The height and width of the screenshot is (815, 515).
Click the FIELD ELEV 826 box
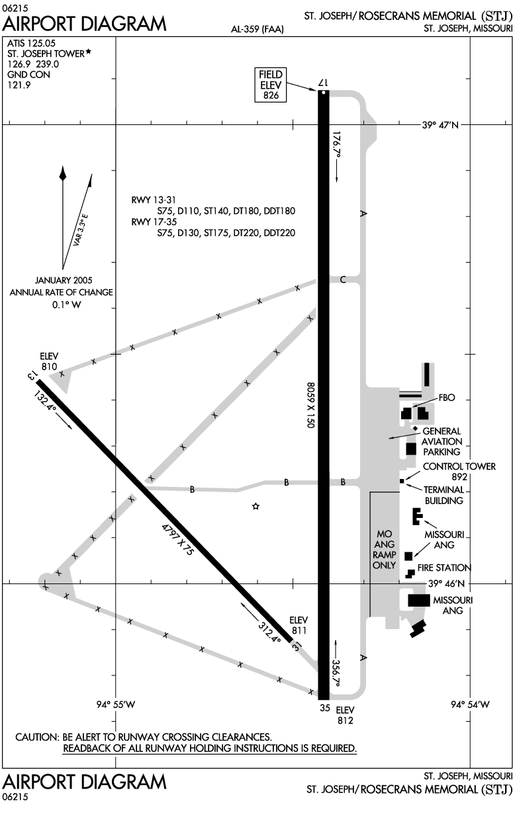[271, 85]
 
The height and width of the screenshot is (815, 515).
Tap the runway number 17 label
[323, 83]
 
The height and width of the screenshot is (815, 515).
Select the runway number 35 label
[325, 708]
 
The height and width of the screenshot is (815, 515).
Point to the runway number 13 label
[32, 375]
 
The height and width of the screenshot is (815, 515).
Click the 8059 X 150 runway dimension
[310, 405]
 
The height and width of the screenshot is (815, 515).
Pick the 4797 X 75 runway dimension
[177, 540]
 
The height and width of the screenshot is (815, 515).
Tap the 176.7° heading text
[337, 145]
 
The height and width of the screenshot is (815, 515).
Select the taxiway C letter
[342, 280]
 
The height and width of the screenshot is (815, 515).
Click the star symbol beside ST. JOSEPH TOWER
[88, 53]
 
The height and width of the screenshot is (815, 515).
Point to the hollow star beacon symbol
[256, 506]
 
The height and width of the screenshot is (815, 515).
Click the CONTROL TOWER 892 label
[459, 472]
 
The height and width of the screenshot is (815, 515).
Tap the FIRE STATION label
[444, 568]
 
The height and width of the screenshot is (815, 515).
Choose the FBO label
[447, 398]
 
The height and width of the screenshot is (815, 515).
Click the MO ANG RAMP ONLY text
[385, 550]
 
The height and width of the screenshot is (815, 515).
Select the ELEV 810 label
[49, 361]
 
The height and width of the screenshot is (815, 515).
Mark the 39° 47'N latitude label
[440, 125]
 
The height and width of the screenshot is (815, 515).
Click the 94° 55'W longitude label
[116, 705]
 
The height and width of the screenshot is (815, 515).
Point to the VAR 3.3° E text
[80, 230]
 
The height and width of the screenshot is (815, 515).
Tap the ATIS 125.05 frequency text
[31, 43]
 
